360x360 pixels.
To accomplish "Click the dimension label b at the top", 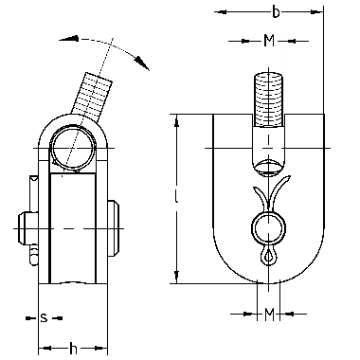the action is [276, 12].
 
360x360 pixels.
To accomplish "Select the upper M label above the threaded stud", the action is [269, 41].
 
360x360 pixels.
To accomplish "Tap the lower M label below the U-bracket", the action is [269, 315].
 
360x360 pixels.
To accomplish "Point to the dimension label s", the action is [44, 318].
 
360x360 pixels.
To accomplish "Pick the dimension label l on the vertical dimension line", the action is [176, 197].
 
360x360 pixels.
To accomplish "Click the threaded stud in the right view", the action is [268, 99].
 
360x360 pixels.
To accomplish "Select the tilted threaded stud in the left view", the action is [92, 97].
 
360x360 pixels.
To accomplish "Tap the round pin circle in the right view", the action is [268, 228].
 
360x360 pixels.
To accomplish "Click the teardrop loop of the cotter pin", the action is [269, 256].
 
